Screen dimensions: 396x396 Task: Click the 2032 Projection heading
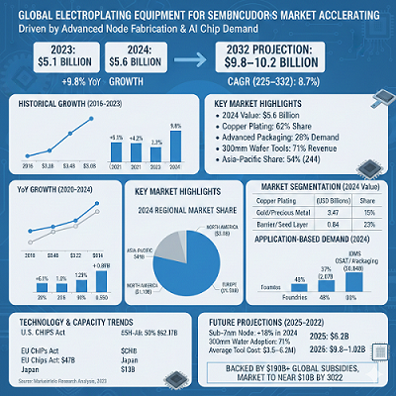pos(287,48)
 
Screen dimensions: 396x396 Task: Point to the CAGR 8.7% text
pos(287,79)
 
